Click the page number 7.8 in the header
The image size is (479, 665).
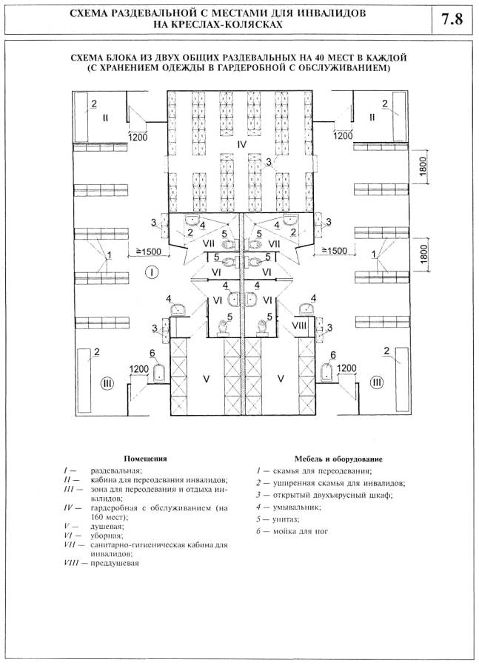coord(452,20)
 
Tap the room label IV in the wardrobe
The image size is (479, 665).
coord(241,145)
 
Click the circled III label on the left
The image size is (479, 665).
coord(107,382)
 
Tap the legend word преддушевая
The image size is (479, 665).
coord(115,564)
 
